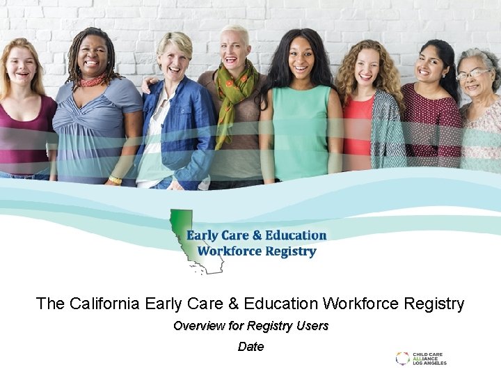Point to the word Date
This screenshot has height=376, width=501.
point(250,347)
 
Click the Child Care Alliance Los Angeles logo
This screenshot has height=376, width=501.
point(421,359)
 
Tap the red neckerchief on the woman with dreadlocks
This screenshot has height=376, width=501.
point(92,81)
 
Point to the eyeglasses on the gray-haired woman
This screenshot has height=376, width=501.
point(473,73)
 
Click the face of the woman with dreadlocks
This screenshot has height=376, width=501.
point(93,56)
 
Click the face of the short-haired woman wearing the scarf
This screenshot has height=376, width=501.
point(235,49)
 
